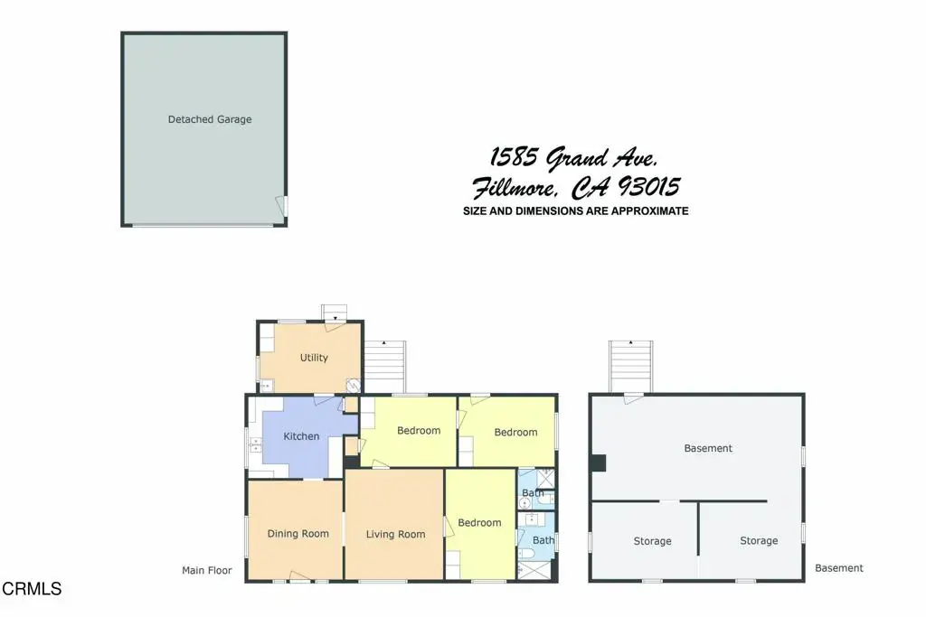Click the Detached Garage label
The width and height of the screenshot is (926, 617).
[x=210, y=119]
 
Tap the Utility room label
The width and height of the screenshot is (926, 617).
[x=314, y=358]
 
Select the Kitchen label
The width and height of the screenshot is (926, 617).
[x=301, y=436]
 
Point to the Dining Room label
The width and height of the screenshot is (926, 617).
[x=298, y=534]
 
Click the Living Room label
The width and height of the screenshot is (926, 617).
[x=396, y=535]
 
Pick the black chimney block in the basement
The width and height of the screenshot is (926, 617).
[x=598, y=463]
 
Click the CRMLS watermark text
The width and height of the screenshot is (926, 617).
[x=32, y=589]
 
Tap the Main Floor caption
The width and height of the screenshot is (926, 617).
[x=207, y=570]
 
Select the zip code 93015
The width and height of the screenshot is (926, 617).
[x=649, y=188]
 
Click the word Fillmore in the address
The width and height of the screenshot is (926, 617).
[x=515, y=188]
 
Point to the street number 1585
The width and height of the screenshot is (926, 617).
[x=514, y=157]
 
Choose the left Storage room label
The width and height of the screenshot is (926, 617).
[x=653, y=541]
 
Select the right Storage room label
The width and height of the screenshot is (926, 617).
[x=759, y=540]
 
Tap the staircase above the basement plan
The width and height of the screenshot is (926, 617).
[x=630, y=366]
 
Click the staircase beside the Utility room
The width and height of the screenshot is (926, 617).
[x=384, y=366]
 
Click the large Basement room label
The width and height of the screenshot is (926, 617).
[x=708, y=448]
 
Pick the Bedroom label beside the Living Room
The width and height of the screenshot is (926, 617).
[x=479, y=523]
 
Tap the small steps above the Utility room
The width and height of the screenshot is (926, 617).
[x=335, y=313]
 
